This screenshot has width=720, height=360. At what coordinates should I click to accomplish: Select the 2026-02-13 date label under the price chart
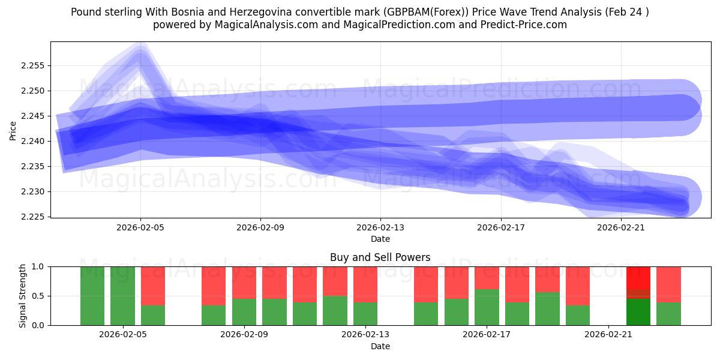tap(380, 228)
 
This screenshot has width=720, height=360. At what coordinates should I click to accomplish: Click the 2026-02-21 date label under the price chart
tap(620, 228)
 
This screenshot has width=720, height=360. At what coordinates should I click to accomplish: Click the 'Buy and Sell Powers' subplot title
tap(380, 257)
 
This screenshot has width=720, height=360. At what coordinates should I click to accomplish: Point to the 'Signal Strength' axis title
tap(22, 296)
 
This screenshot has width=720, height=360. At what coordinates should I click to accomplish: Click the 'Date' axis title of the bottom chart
tap(380, 346)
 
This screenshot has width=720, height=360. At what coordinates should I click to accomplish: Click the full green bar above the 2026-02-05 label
tap(122, 296)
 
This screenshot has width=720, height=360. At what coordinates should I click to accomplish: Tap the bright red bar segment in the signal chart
tap(638, 277)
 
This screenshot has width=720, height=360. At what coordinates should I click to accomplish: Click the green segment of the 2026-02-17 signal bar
tap(487, 307)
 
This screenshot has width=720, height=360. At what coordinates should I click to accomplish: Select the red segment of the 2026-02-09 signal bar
tap(244, 282)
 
